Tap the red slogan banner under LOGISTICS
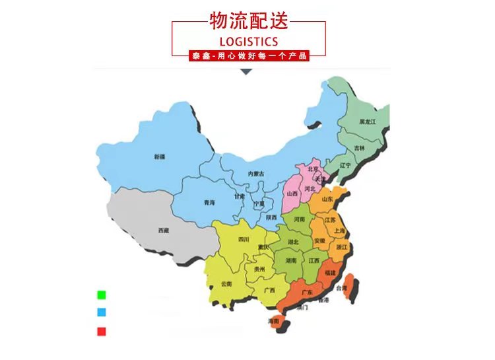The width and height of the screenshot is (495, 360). [x=248, y=57]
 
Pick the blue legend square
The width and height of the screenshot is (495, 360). [x=101, y=312]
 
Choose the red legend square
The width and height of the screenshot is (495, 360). [x=101, y=331]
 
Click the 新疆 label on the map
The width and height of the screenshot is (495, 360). [x=159, y=157]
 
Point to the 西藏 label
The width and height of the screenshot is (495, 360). [x=163, y=230]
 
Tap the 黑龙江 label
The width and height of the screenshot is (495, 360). [x=367, y=122]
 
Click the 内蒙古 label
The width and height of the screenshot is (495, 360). [x=255, y=174]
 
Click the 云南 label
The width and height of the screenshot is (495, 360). [x=226, y=283]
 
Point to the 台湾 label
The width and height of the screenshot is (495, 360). [x=341, y=288]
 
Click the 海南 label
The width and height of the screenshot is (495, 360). [x=273, y=321]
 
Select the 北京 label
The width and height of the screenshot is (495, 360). [x=313, y=169]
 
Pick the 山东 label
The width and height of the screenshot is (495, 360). [x=327, y=198]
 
